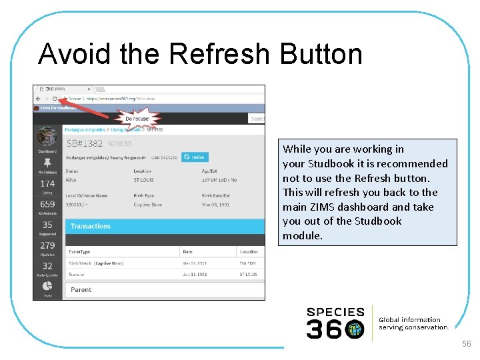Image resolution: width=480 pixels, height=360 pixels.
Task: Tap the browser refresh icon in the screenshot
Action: click(55, 98)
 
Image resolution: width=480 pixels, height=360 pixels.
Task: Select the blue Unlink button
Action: click(195, 157)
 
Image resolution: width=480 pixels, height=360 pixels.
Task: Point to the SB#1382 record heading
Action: click(85, 143)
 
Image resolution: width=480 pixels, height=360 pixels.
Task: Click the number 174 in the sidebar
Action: click(47, 183)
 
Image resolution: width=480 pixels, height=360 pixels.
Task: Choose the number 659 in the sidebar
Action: click(47, 204)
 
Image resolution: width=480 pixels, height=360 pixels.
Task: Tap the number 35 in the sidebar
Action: click(47, 225)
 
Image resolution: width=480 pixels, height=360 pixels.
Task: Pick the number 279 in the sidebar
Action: click(47, 245)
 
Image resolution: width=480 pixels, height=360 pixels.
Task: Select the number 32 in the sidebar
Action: click(47, 266)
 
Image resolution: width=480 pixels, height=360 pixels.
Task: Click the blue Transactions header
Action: click(91, 226)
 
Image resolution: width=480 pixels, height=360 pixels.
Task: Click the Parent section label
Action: click(81, 289)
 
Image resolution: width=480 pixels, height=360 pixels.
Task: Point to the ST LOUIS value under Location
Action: click(145, 179)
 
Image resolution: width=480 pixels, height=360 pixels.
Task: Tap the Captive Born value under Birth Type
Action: click(149, 205)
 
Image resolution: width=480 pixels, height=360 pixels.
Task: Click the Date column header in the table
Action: click(187, 252)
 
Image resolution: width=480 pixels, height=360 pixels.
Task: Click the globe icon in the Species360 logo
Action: click(355, 329)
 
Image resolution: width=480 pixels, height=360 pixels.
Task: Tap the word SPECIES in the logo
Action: click(335, 311)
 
